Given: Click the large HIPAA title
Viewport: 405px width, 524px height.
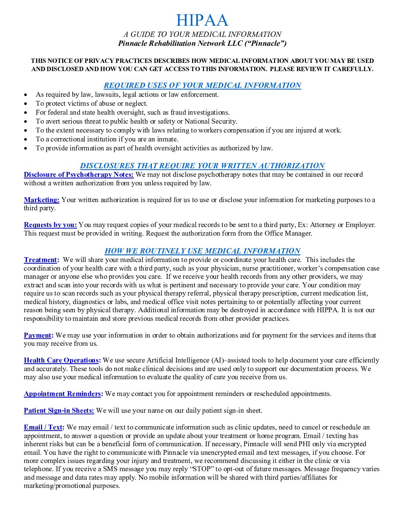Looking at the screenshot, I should pyautogui.click(x=202, y=20).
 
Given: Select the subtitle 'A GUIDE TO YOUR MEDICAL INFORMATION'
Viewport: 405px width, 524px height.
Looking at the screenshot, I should pyautogui.click(x=202, y=34).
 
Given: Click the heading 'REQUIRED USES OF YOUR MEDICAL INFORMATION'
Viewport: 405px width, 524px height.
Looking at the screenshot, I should pyautogui.click(x=202, y=85).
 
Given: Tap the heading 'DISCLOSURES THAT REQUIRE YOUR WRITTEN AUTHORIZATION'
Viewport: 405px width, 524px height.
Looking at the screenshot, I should pyautogui.click(x=202, y=166).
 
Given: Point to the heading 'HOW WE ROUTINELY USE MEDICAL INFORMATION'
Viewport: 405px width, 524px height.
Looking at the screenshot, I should pyautogui.click(x=202, y=251).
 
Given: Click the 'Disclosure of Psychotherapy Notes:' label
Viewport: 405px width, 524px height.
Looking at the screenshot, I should pyautogui.click(x=79, y=175).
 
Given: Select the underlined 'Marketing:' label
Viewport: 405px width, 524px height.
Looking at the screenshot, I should pyautogui.click(x=42, y=200).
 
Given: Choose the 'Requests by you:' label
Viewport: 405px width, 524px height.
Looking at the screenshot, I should pyautogui.click(x=50, y=225).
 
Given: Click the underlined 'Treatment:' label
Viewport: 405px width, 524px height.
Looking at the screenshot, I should pyautogui.click(x=41, y=260).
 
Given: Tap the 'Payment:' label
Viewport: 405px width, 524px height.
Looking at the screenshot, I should pyautogui.click(x=39, y=335).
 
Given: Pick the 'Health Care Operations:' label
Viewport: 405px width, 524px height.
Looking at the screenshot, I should pyautogui.click(x=62, y=360).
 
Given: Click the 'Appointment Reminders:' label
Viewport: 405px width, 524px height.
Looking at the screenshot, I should pyautogui.click(x=64, y=394).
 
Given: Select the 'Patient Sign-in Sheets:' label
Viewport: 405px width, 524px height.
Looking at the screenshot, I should pyautogui.click(x=59, y=410).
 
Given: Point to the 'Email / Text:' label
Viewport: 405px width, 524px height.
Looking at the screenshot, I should pyautogui.click(x=44, y=427).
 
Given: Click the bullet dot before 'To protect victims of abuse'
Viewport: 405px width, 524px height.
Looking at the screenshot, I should pyautogui.click(x=26, y=104).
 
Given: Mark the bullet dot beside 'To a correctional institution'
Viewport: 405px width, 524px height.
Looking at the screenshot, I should pyautogui.click(x=26, y=140).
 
